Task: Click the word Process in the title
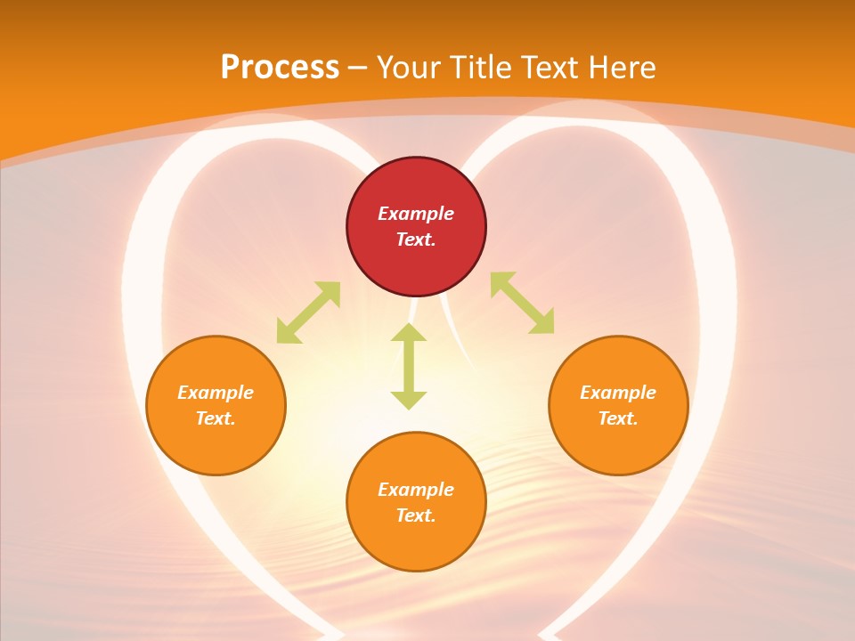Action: (x=280, y=68)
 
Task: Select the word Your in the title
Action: (x=411, y=68)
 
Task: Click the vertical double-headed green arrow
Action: (x=409, y=367)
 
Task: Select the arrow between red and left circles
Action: (x=308, y=312)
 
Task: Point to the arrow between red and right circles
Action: (x=523, y=304)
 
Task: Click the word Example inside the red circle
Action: (x=416, y=214)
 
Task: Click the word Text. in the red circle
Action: (x=416, y=239)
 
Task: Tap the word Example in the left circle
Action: (x=216, y=393)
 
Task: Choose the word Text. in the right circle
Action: (x=618, y=418)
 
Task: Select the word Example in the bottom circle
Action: (x=416, y=490)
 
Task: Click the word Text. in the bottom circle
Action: (x=416, y=515)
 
